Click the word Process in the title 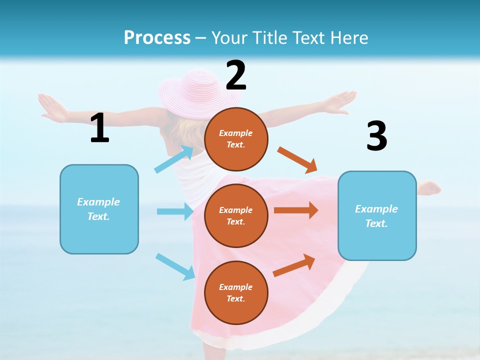[x=157, y=37]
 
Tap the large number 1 [x=99, y=128]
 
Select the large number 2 [x=236, y=75]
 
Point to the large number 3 [x=376, y=136]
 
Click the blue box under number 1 [x=99, y=209]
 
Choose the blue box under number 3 [x=377, y=215]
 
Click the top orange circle [x=236, y=139]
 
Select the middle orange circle [x=236, y=215]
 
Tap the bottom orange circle [x=236, y=292]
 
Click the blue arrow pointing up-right [x=174, y=159]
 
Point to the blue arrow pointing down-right [x=175, y=266]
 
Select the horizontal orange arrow [x=296, y=210]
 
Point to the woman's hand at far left [x=50, y=106]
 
